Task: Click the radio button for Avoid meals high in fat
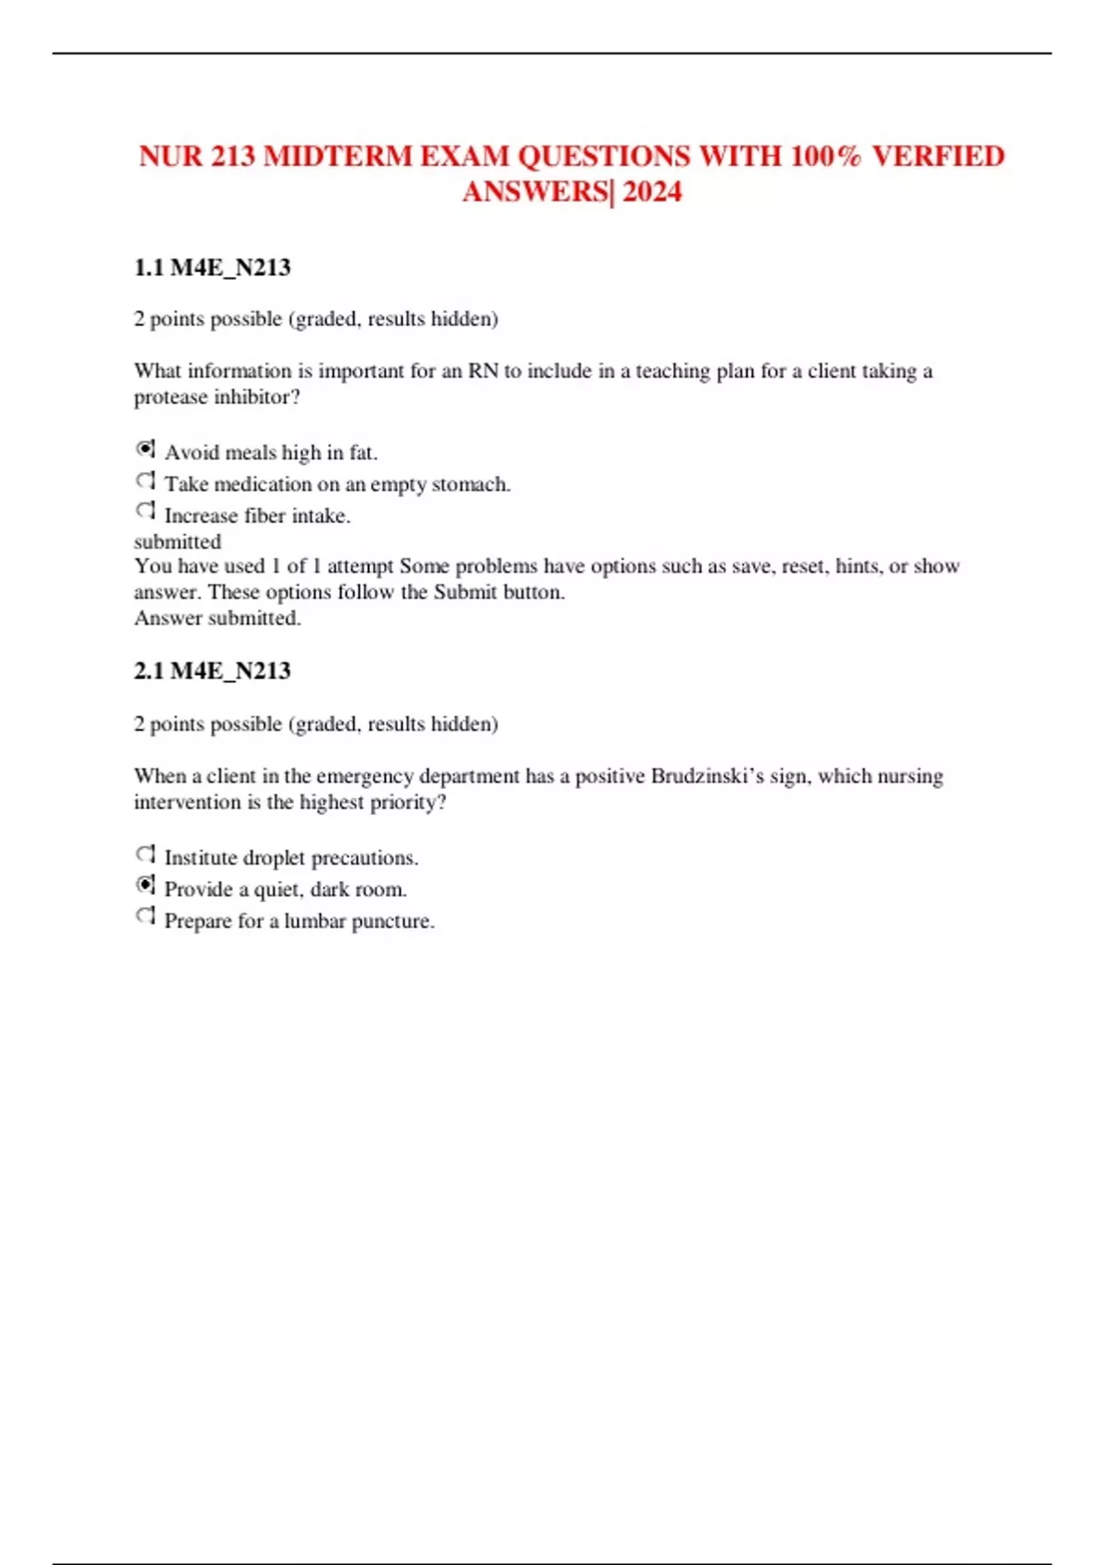(x=145, y=449)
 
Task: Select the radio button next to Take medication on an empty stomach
(x=145, y=481)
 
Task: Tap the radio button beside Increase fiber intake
(x=145, y=511)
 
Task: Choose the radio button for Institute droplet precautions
(x=145, y=854)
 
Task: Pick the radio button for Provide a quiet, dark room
(x=145, y=886)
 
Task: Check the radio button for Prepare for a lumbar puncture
(x=145, y=917)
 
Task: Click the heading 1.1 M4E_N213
(x=212, y=268)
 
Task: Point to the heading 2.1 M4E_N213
(x=212, y=671)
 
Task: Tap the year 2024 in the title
(x=652, y=191)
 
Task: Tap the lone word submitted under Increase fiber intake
(x=178, y=541)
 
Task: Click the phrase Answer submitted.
(x=217, y=618)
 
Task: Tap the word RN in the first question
(x=483, y=371)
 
